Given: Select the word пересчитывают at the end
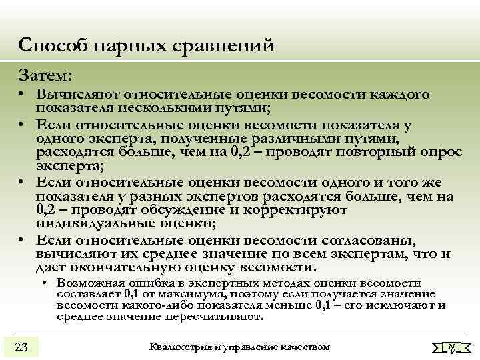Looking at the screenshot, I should (216, 317).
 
